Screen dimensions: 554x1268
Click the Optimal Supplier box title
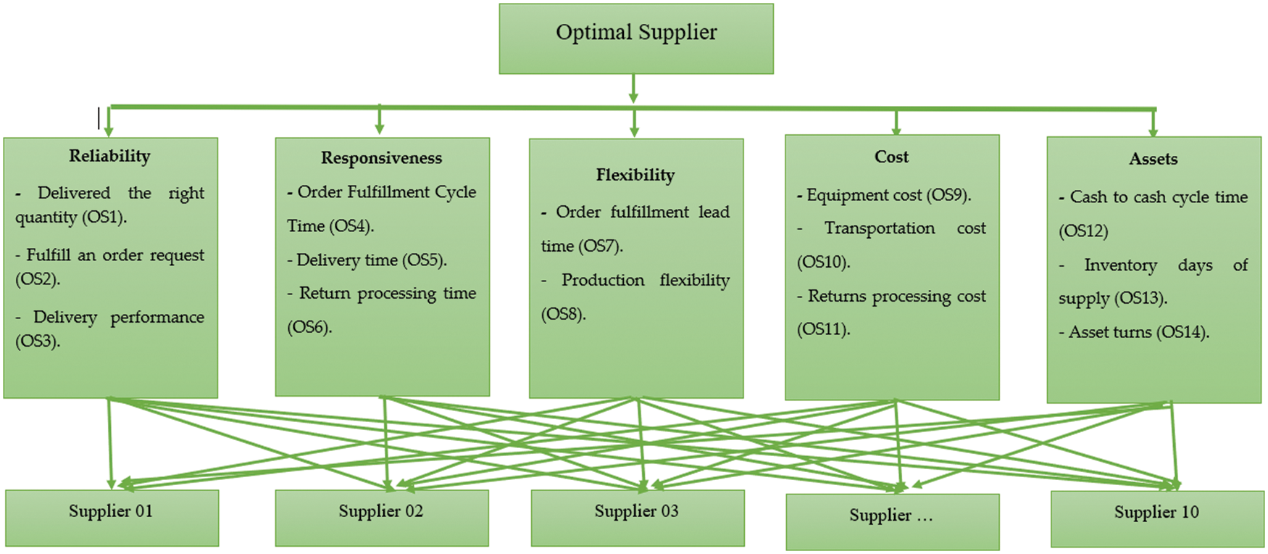tap(636, 33)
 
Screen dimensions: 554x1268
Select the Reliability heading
tap(109, 156)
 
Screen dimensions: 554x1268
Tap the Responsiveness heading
tap(381, 158)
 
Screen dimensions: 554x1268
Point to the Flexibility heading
tap(635, 175)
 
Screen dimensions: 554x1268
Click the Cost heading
tap(891, 157)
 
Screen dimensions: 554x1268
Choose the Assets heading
tap(1153, 159)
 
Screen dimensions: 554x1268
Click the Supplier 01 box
tap(112, 517)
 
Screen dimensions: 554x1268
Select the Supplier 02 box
tap(381, 517)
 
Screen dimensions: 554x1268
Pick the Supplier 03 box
tap(637, 517)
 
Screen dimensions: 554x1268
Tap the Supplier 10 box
tap(1156, 518)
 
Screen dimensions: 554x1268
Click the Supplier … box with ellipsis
tap(892, 521)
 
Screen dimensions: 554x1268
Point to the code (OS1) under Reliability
tap(104, 218)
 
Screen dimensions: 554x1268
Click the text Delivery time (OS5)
tap(371, 260)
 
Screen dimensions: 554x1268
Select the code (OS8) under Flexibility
tap(563, 314)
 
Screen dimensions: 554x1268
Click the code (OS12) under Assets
tap(1083, 231)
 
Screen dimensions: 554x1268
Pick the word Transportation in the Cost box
tap(879, 228)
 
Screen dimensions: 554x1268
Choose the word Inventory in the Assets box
tap(1120, 265)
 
